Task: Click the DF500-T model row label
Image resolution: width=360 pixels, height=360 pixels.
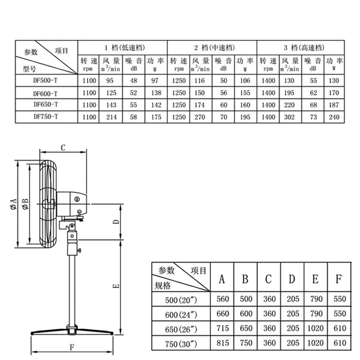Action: tap(45, 81)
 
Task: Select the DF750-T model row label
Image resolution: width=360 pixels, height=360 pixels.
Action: tap(45, 116)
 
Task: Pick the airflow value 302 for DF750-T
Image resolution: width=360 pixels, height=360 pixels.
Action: tap(289, 116)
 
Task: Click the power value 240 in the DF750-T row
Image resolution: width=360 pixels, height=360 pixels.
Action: tap(334, 116)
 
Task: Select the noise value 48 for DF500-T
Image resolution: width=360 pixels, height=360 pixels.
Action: tap(134, 81)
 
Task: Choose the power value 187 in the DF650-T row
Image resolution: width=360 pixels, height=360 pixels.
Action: tap(334, 104)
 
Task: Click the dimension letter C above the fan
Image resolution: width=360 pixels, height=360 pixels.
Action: tap(62, 147)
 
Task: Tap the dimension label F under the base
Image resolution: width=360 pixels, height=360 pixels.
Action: tap(71, 347)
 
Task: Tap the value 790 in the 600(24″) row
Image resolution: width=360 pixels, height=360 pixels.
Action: tap(315, 313)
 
